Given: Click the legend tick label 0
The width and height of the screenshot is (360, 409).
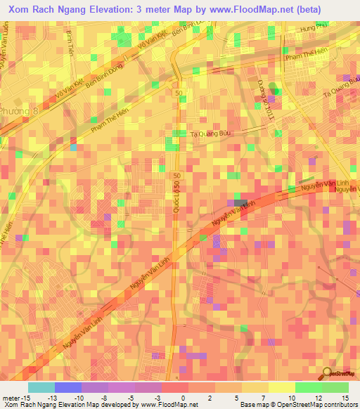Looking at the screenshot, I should [183, 397].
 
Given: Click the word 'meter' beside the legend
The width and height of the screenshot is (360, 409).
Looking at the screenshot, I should [11, 397].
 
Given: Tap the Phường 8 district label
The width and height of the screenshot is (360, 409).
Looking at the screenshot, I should [15, 111].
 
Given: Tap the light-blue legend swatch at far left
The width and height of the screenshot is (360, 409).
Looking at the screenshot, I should [40, 387].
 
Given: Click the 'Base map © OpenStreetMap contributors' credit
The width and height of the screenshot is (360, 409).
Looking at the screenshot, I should [298, 405].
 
